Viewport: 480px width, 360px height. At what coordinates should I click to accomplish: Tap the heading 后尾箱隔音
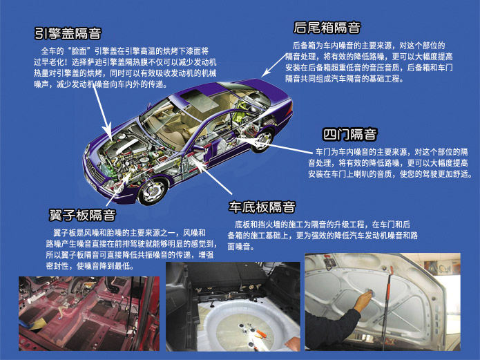327,28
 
